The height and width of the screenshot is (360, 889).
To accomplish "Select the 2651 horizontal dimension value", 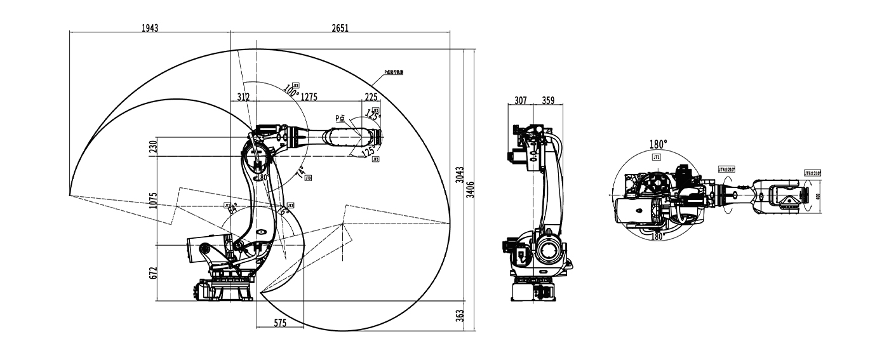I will [340, 28].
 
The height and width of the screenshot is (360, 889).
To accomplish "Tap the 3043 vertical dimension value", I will [459, 175].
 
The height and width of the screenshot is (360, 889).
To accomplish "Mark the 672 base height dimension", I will [152, 272].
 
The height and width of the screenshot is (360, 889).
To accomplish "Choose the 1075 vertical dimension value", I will [152, 201].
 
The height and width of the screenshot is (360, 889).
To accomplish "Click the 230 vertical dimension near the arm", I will [152, 147].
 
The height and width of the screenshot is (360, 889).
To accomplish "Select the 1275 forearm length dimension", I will [309, 97].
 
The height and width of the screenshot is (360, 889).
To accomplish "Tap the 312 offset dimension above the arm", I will [243, 97].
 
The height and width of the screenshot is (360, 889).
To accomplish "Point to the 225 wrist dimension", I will [371, 97].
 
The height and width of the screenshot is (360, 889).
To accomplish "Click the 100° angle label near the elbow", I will [291, 91].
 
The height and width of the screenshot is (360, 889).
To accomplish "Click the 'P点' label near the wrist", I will [341, 118].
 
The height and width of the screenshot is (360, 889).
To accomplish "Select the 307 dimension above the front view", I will [521, 100].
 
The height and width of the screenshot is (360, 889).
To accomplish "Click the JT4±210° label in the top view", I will [726, 170].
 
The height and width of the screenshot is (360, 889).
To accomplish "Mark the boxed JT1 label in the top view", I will [657, 156].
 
